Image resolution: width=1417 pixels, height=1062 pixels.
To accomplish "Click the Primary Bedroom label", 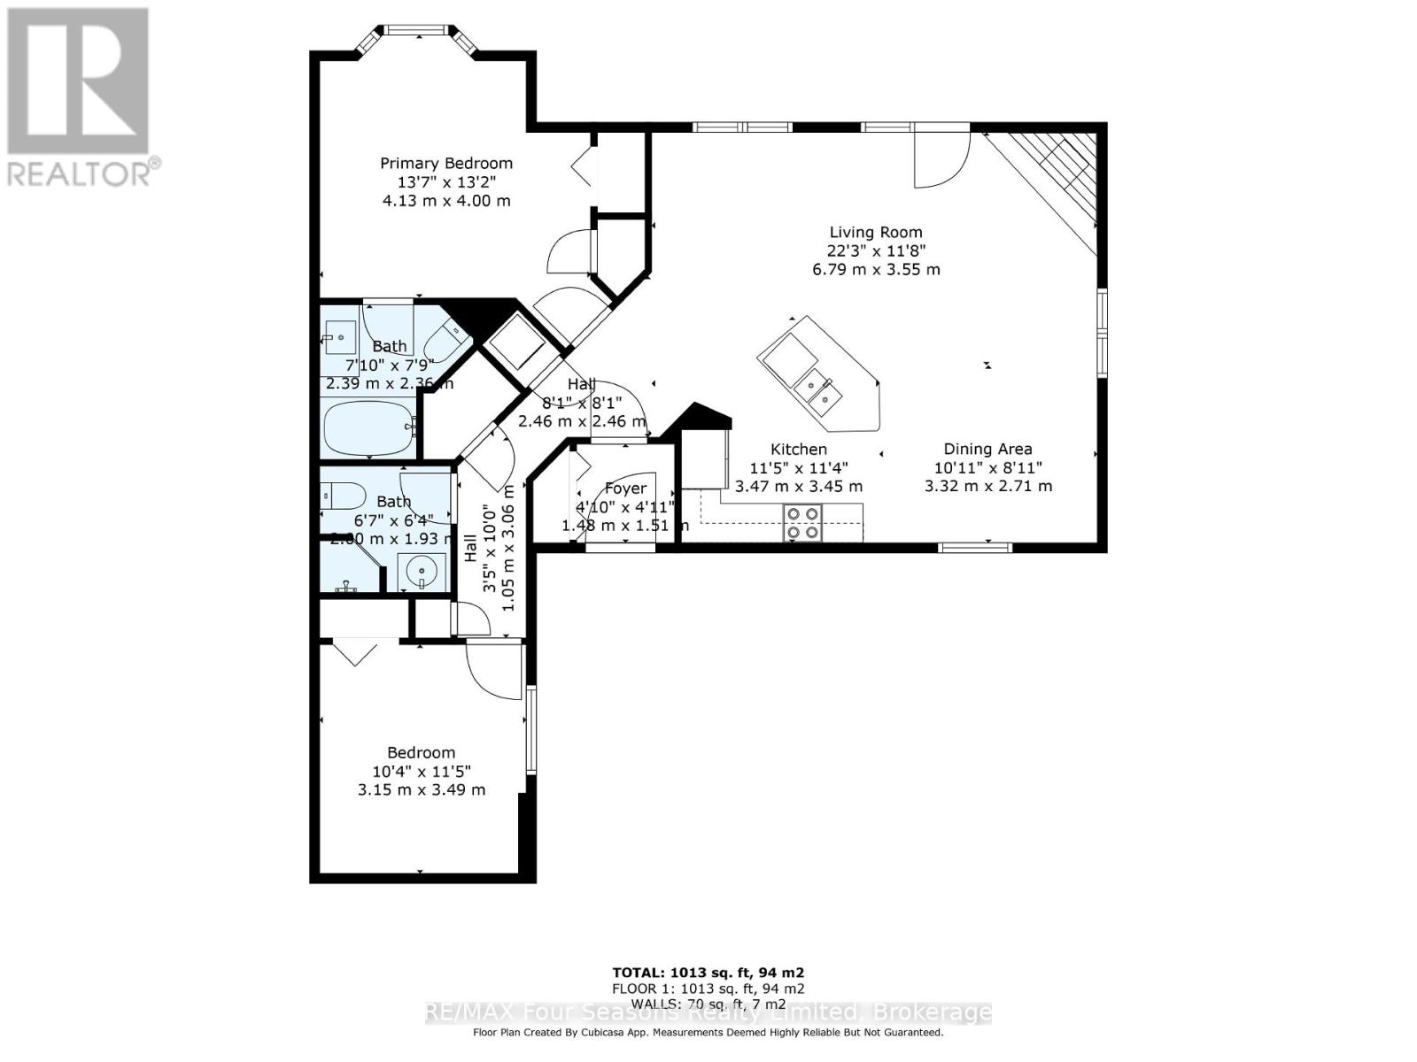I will pyautogui.click(x=446, y=164).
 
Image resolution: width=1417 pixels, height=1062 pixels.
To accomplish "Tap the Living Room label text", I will pyautogui.click(x=876, y=233).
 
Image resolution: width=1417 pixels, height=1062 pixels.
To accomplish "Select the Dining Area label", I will pyautogui.click(x=987, y=450).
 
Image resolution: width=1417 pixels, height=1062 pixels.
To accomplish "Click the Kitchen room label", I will pyautogui.click(x=798, y=450).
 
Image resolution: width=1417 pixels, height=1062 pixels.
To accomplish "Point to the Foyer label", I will pyautogui.click(x=625, y=489).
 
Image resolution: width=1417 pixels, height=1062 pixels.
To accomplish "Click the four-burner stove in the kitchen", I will pyautogui.click(x=802, y=522).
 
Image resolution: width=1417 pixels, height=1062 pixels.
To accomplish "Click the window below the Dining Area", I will pyautogui.click(x=974, y=547).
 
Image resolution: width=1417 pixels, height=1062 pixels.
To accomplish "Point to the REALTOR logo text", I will pyautogui.click(x=84, y=172).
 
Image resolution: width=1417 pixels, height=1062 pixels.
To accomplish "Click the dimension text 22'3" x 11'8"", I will pyautogui.click(x=876, y=251).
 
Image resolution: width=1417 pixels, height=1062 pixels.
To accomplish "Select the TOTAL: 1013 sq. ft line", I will pyautogui.click(x=708, y=972).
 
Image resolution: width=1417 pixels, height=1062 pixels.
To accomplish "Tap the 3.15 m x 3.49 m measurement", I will pyautogui.click(x=422, y=789).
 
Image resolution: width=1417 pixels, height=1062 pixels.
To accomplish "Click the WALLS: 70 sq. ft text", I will pyautogui.click(x=708, y=1004).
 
